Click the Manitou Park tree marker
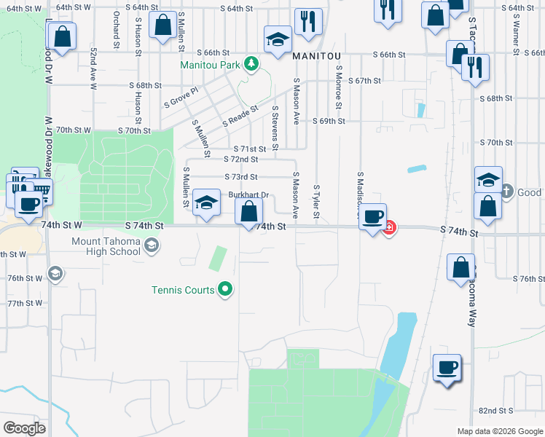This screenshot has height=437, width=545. pos(251,64)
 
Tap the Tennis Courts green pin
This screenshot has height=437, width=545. pos(226,290)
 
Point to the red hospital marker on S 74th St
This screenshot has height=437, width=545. pos(390,227)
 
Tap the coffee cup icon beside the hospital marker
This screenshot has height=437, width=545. pos(373,217)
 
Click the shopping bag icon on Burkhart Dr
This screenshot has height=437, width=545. pos(249,213)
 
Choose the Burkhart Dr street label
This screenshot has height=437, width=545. pos(249,195)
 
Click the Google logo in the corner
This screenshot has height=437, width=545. pos(24,428)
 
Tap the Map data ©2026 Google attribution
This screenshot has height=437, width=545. pos(500,431)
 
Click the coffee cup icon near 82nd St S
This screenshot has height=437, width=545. pos(447,367)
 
